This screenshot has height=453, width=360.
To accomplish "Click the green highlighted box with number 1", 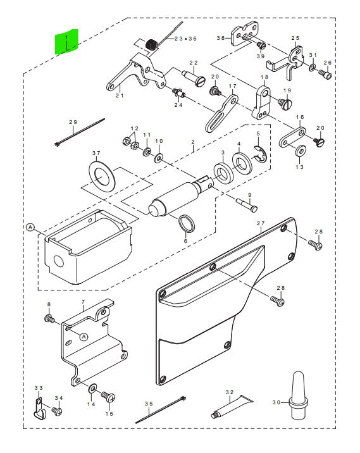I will (x=66, y=42).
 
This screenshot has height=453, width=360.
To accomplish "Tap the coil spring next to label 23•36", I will (x=151, y=45).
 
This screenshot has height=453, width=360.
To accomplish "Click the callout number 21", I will (x=118, y=96).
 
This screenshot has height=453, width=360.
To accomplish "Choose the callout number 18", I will (x=264, y=77).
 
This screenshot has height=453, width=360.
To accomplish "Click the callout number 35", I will (x=149, y=403).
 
